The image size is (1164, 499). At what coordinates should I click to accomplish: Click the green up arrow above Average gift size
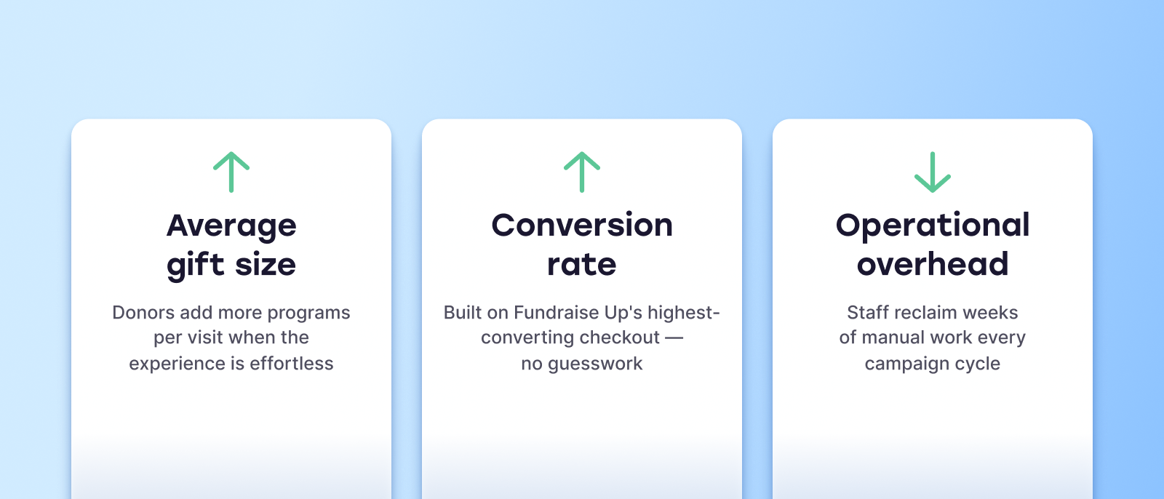click(x=231, y=172)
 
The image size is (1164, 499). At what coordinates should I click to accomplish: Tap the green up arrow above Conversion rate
click(x=582, y=172)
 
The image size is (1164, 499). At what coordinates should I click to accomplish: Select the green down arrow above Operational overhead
click(x=933, y=172)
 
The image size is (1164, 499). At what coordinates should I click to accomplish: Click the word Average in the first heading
click(x=231, y=227)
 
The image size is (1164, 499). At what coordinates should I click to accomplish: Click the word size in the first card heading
click(x=266, y=265)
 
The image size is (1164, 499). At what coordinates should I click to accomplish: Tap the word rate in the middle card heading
click(x=582, y=265)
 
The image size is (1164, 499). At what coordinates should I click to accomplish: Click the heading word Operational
click(x=933, y=226)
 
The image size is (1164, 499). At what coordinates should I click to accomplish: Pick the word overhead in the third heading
click(x=933, y=264)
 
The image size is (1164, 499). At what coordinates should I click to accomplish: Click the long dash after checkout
click(x=674, y=338)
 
